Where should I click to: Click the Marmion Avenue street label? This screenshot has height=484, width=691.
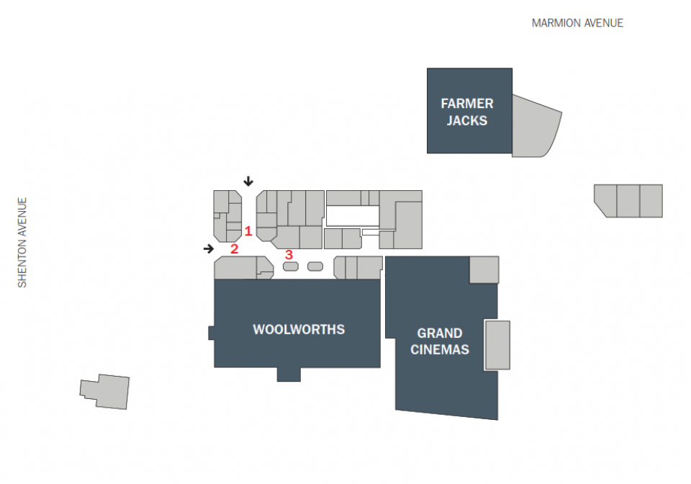577,23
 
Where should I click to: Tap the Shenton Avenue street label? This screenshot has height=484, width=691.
22,243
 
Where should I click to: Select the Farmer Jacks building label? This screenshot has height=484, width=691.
467,112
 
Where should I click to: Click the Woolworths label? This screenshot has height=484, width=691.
299,329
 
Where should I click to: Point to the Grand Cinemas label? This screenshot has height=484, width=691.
440,341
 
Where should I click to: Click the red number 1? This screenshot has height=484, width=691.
248,231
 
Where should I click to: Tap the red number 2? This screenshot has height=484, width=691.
235,249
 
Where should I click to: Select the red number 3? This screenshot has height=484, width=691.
289,255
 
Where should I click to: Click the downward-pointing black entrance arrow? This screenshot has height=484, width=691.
248,181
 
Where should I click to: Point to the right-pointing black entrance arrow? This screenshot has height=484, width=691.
209,249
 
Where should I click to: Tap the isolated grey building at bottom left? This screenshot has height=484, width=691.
105,391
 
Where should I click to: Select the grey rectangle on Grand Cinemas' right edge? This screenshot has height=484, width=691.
497,345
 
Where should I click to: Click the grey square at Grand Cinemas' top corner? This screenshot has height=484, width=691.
484,270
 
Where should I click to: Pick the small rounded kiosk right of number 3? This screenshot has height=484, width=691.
315,266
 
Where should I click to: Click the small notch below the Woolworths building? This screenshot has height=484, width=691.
289,375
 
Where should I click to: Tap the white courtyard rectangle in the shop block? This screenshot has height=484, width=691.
353,217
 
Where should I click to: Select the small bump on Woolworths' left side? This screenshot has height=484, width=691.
211,333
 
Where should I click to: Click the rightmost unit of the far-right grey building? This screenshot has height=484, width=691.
651,201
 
